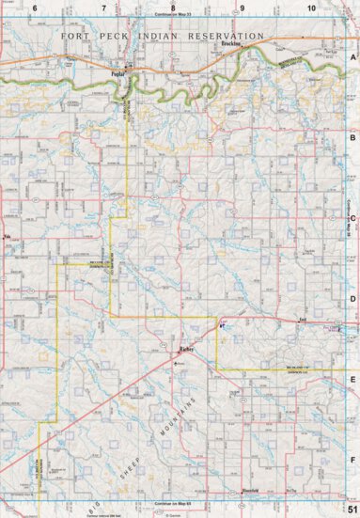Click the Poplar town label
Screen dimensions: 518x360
click(x=118, y=69)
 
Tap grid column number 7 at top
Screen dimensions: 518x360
click(x=103, y=8)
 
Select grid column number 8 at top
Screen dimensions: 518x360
click(x=172, y=8)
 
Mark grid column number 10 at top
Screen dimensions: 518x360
click(x=310, y=8)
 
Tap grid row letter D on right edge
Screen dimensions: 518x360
click(x=352, y=300)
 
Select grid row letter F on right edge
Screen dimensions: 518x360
click(x=352, y=461)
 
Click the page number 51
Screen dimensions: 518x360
click(x=351, y=509)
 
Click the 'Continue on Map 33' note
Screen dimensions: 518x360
click(x=172, y=16)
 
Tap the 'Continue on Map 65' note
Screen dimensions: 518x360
click(x=172, y=506)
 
